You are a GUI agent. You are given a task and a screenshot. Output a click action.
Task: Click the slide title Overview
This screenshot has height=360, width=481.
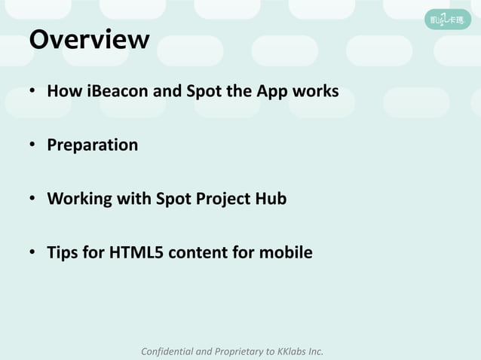pyautogui.click(x=89, y=39)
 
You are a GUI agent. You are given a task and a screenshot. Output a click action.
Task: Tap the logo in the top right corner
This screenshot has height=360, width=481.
pyautogui.click(x=446, y=19)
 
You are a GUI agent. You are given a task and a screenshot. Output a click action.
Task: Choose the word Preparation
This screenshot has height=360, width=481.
pyautogui.click(x=93, y=145)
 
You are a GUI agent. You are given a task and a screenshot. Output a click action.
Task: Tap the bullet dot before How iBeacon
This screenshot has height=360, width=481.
pyautogui.click(x=33, y=93)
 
